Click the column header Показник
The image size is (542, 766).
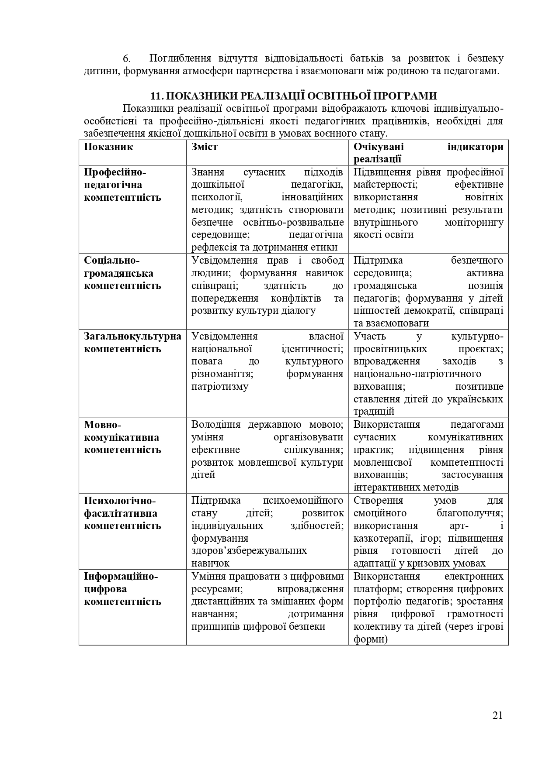click(x=108, y=147)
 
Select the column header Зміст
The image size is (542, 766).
click(x=204, y=147)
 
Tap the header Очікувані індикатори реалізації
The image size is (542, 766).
click(x=428, y=153)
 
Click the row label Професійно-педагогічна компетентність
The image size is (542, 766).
click(x=122, y=185)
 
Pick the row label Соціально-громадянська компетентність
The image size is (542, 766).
click(x=122, y=273)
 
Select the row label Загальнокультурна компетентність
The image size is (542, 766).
click(x=132, y=343)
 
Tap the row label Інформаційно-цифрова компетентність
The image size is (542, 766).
click(x=122, y=589)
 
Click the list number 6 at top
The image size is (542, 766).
click(x=126, y=59)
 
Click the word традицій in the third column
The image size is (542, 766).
click(x=374, y=412)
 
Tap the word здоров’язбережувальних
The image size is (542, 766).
click(x=249, y=551)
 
